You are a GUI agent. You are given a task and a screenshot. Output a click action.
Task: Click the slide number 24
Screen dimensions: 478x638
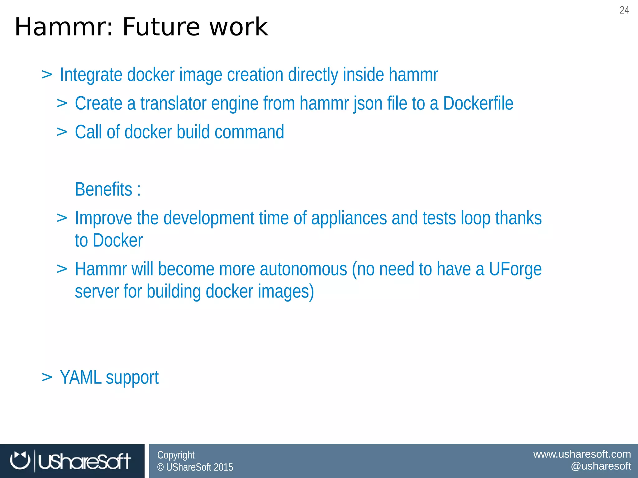click(624, 10)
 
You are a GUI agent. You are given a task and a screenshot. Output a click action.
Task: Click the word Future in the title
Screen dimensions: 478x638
click(161, 27)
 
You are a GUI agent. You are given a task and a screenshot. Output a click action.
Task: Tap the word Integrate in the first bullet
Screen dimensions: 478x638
click(91, 75)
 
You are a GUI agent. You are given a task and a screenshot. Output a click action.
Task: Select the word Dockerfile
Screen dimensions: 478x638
click(478, 103)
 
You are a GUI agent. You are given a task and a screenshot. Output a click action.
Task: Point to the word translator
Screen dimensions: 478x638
click(173, 103)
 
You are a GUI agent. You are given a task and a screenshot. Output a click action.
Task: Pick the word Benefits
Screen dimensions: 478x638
click(104, 189)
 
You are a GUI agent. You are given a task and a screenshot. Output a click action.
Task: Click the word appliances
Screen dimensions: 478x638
click(349, 218)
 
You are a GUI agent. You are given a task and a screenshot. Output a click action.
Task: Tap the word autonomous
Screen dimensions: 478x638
click(303, 269)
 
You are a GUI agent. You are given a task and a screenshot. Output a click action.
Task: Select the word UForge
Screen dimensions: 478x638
click(515, 269)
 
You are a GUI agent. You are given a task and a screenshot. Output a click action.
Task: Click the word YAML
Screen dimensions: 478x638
click(80, 377)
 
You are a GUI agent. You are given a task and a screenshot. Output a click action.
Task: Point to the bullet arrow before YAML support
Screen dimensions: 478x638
click(47, 377)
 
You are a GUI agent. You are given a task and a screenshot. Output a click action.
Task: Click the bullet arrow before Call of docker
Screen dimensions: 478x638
click(62, 132)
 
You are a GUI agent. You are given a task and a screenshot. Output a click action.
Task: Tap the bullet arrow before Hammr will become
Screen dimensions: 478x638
click(62, 269)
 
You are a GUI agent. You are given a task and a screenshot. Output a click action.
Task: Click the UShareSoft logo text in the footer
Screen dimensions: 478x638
click(84, 461)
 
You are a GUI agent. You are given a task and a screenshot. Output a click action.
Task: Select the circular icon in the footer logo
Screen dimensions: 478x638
click(20, 461)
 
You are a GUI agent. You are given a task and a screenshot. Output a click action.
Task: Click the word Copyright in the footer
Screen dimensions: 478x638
click(176, 455)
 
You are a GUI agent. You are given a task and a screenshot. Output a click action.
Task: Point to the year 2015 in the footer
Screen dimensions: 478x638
click(223, 467)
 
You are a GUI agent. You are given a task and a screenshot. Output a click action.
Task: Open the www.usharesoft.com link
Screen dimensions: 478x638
click(582, 454)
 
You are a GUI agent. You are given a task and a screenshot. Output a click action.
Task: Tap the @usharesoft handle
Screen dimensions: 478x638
click(601, 466)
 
